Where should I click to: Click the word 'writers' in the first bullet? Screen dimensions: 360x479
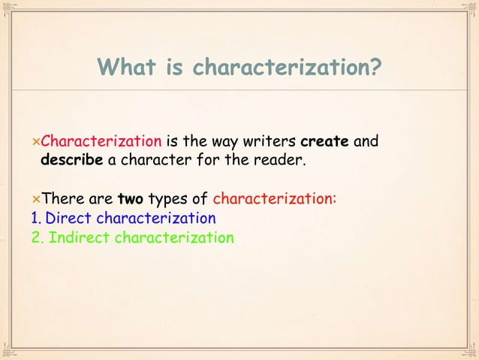click(x=271, y=141)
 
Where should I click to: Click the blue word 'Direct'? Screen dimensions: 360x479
click(x=68, y=219)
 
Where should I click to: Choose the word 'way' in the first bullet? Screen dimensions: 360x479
click(x=228, y=141)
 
